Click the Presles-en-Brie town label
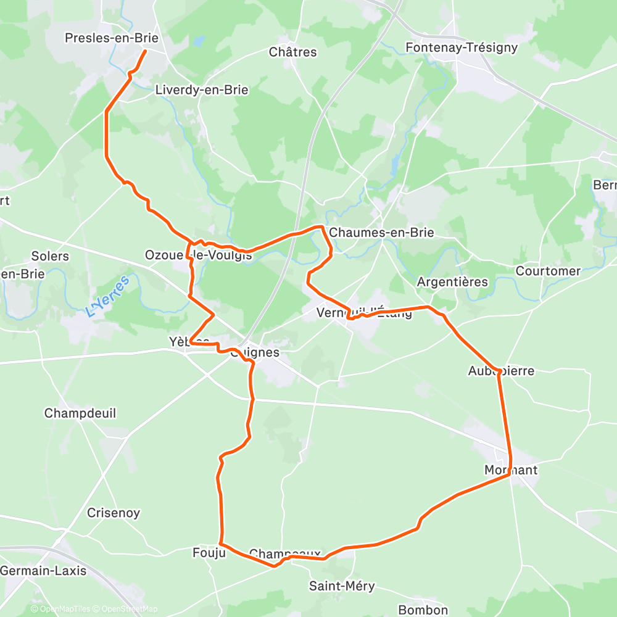(x=112, y=38)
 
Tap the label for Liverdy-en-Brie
(x=202, y=90)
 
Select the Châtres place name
(x=293, y=52)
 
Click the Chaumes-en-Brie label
(x=381, y=233)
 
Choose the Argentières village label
(x=452, y=282)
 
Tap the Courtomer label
(x=549, y=271)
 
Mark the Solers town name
(x=50, y=255)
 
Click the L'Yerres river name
(x=109, y=297)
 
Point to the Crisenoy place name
(x=114, y=513)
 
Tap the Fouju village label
(x=209, y=553)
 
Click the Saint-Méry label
(x=342, y=586)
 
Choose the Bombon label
(x=423, y=610)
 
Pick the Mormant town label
(x=511, y=470)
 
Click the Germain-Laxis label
(x=43, y=571)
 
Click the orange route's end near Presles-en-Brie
(x=145, y=51)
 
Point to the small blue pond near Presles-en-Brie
(x=198, y=42)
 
